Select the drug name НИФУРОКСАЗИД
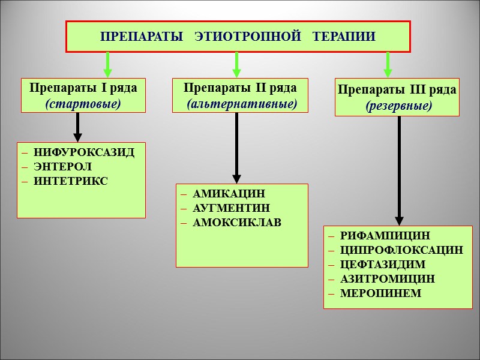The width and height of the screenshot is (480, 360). click(84, 152)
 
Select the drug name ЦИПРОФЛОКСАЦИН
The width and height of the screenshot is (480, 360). click(401, 250)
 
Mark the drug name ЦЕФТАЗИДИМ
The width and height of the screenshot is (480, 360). click(382, 265)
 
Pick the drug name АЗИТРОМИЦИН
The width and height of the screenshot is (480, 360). click(387, 279)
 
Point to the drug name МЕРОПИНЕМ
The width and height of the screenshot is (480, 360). click(380, 293)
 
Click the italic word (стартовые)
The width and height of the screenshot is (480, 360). click(83, 103)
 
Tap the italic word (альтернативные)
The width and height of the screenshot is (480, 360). click(241, 103)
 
